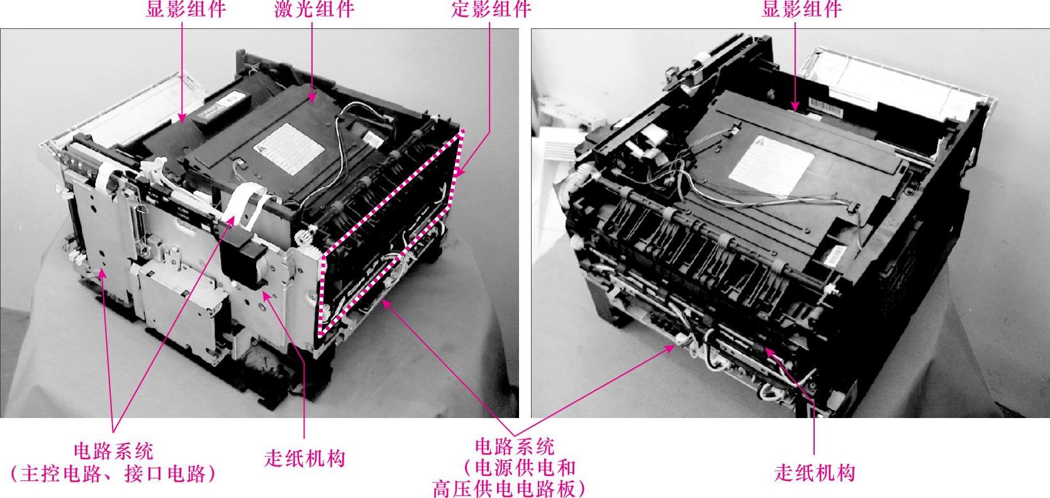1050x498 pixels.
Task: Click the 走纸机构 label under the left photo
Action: (x=304, y=458)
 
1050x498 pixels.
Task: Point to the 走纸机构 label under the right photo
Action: (x=815, y=472)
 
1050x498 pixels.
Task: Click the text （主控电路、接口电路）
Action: (x=113, y=474)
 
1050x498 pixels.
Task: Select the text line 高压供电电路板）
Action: (x=508, y=489)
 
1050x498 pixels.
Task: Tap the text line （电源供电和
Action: (x=520, y=468)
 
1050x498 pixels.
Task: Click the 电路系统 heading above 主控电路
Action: (x=113, y=451)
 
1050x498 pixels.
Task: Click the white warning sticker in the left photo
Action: (x=289, y=149)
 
